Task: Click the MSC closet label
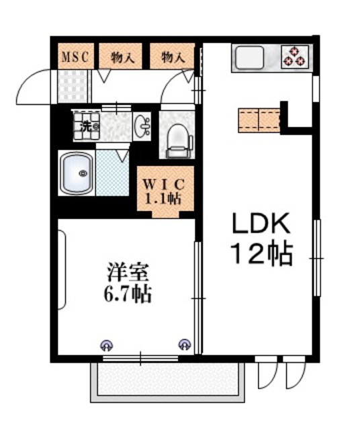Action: pos(76,56)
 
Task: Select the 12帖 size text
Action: pos(261,253)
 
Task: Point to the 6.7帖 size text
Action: pos(127,294)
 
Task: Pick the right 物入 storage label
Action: pos(173,56)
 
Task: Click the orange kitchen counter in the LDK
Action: pos(258,119)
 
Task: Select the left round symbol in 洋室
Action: pos(105,345)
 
